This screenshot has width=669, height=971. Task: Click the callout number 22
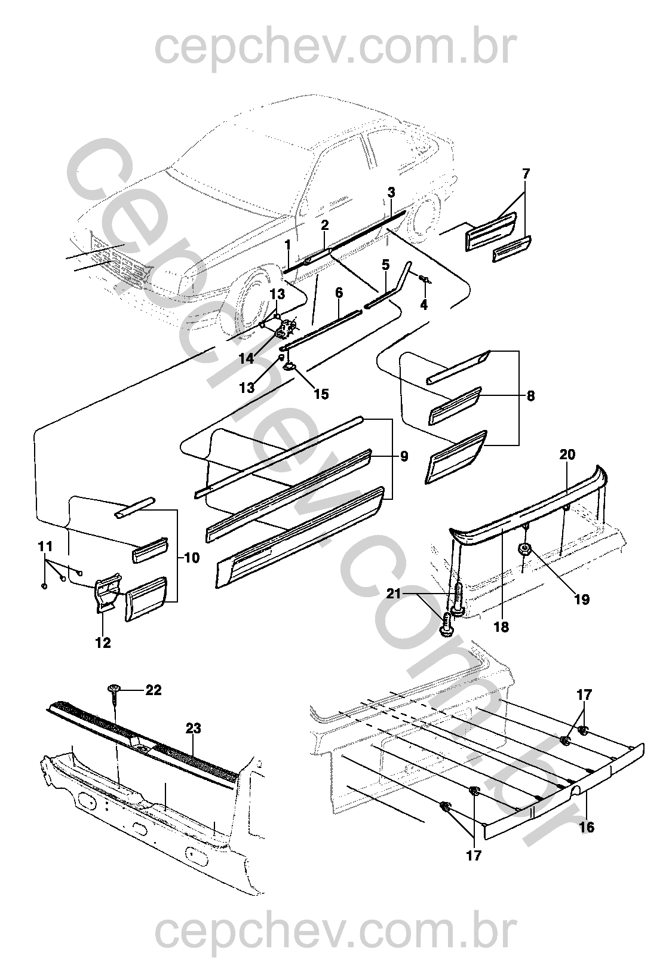(154, 690)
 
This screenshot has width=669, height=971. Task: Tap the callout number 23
(193, 729)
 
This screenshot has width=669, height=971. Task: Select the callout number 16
(587, 828)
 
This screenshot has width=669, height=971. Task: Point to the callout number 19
(581, 600)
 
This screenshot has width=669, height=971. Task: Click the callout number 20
(567, 455)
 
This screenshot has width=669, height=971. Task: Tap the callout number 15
(321, 394)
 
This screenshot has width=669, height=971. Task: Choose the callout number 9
(404, 457)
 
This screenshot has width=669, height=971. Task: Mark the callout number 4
(425, 304)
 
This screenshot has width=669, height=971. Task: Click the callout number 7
(526, 174)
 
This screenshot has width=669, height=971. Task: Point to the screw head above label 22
(113, 690)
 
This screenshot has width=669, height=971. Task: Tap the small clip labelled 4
(424, 278)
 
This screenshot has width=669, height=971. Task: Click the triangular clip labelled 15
(290, 366)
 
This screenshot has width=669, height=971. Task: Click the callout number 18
(501, 628)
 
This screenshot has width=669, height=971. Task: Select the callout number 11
(45, 546)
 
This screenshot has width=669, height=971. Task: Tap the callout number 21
(412, 594)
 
